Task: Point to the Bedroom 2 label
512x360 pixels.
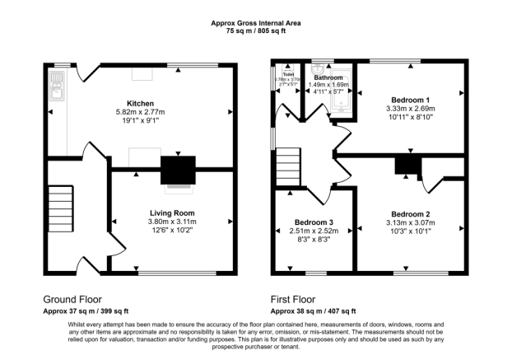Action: coord(410,213)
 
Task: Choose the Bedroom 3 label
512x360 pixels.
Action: coord(314,222)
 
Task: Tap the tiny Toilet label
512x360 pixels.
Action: coord(288,74)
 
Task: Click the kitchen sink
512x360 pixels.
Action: coord(56,82)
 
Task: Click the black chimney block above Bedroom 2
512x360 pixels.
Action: coord(407,165)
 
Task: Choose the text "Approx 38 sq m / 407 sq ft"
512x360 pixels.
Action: coord(314,311)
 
